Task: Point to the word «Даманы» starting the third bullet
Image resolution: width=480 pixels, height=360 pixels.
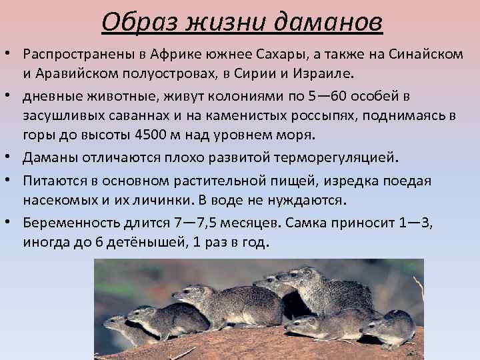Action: pos(49,159)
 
